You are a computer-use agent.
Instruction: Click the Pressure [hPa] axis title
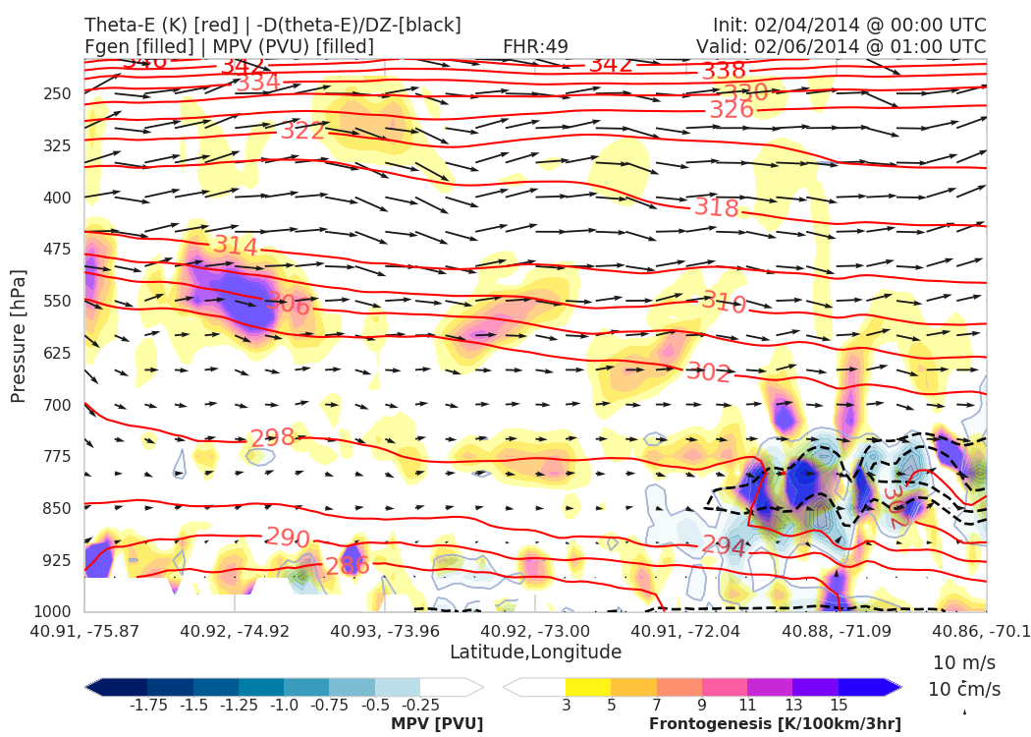19,335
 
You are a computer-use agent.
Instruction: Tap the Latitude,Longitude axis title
535,652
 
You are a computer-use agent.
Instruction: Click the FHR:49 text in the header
535,46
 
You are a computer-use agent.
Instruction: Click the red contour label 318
716,207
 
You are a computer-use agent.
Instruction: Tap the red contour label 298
272,438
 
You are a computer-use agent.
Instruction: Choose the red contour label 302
708,372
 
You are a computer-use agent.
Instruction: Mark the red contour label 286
348,566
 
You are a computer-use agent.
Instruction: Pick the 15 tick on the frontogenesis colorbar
838,705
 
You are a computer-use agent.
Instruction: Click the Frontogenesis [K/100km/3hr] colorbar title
775,724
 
